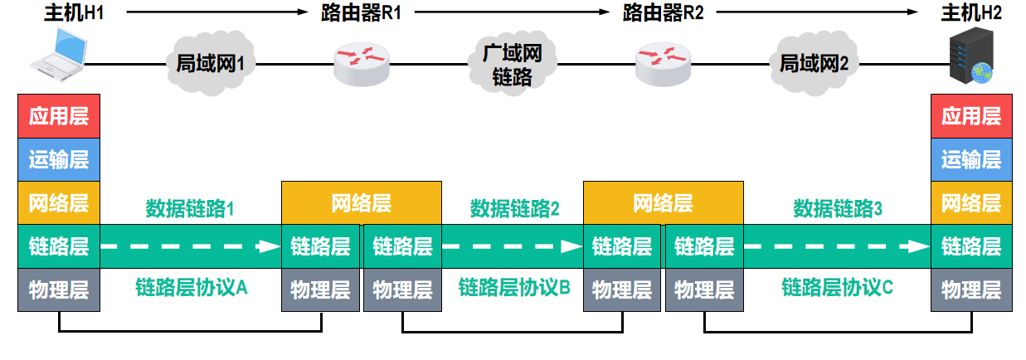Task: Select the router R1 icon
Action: click(361, 61)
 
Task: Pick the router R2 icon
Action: click(663, 61)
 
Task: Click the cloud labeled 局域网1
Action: click(211, 62)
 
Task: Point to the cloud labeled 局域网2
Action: click(814, 62)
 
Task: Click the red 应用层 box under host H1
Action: click(59, 116)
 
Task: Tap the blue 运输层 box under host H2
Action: click(971, 159)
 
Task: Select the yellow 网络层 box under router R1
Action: click(361, 203)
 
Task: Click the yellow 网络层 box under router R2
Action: click(663, 203)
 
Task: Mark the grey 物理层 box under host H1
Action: click(59, 290)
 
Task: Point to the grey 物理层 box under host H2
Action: click(971, 290)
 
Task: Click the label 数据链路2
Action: click(514, 208)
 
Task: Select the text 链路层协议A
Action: click(192, 287)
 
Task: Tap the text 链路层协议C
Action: click(838, 287)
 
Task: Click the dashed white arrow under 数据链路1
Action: click(192, 246)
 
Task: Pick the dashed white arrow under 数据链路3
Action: click(838, 246)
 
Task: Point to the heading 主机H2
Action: click(971, 13)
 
